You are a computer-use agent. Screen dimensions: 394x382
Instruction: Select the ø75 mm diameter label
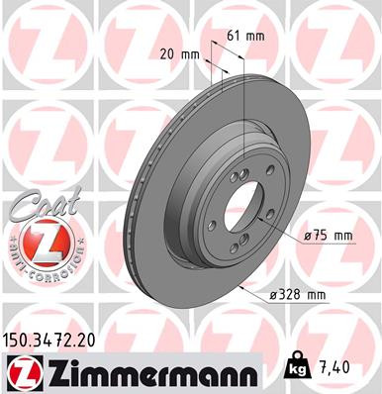pos(330,235)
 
